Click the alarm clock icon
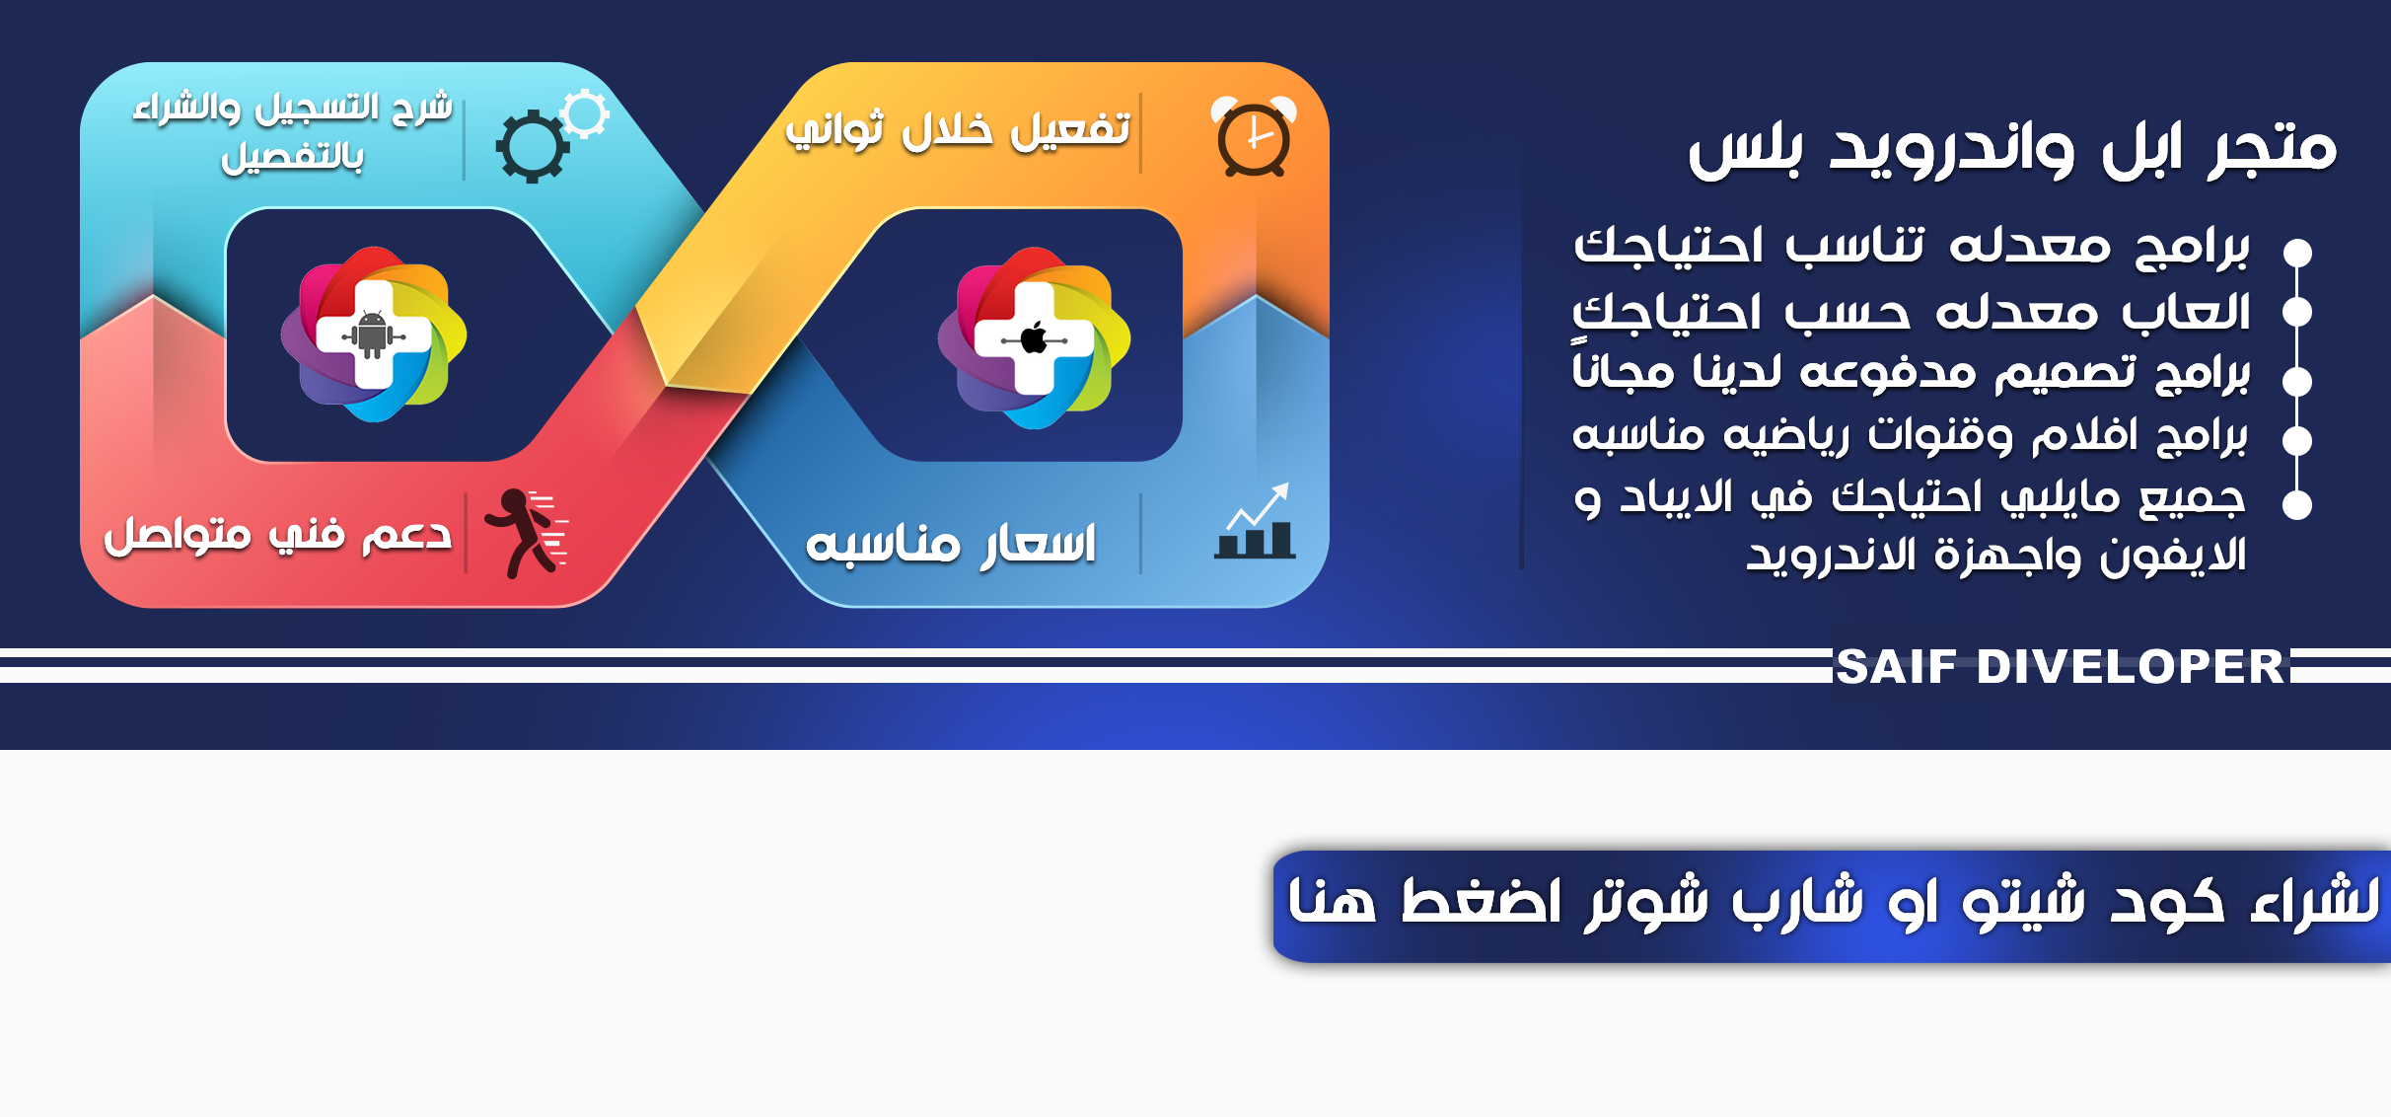click(x=1254, y=137)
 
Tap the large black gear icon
click(x=532, y=146)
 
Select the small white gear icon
click(x=586, y=113)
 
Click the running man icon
click(x=526, y=533)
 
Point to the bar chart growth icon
click(x=1255, y=521)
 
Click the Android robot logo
click(x=373, y=335)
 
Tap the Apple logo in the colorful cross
click(x=1034, y=339)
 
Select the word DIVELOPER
click(x=2131, y=667)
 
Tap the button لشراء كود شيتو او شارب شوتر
click(x=1832, y=906)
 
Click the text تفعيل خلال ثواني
click(x=957, y=129)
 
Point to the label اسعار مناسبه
click(x=951, y=544)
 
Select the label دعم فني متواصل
click(x=278, y=535)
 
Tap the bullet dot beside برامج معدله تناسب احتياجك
click(x=2297, y=253)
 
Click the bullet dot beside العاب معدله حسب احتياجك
click(x=2297, y=313)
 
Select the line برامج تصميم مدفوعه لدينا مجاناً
click(x=1911, y=370)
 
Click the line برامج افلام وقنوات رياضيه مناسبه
click(x=1910, y=435)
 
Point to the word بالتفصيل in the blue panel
click(x=293, y=157)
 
